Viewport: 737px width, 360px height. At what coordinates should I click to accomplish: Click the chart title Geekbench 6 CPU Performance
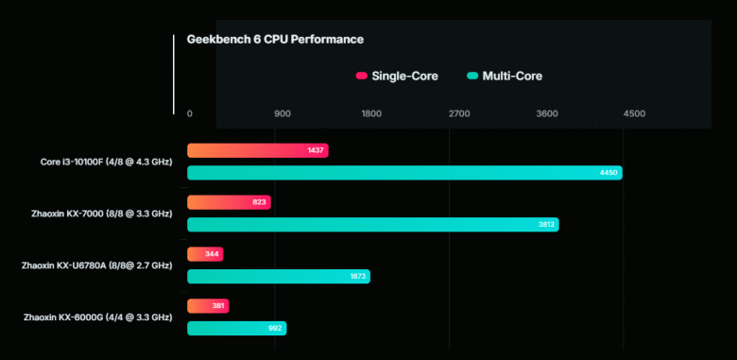click(275, 40)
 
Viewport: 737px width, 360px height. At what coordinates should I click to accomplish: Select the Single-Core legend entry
click(397, 76)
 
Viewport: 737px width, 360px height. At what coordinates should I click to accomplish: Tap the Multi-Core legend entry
click(505, 76)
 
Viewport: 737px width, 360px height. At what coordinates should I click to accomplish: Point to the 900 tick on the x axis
click(283, 113)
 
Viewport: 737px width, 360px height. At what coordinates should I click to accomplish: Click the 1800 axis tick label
click(371, 113)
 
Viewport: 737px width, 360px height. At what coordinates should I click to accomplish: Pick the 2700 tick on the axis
click(459, 113)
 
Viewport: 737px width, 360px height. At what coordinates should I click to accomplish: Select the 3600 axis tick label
click(547, 113)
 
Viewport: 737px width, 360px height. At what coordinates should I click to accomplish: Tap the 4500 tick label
click(634, 113)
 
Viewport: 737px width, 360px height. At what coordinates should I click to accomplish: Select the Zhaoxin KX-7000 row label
click(101, 214)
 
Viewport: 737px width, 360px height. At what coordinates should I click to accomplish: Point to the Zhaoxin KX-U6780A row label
click(96, 266)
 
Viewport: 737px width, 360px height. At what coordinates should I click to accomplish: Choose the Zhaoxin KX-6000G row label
click(98, 317)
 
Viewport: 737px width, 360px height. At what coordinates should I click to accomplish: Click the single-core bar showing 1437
click(257, 151)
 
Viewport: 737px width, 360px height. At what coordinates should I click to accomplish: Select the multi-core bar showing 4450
click(404, 173)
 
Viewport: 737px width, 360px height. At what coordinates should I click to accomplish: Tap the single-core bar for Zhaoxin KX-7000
click(229, 202)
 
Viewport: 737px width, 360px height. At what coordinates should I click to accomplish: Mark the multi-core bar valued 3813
click(372, 225)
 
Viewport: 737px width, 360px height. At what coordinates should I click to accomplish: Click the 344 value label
click(212, 254)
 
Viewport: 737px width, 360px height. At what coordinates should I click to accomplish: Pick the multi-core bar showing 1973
click(278, 277)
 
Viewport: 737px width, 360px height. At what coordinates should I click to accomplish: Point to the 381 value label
click(217, 306)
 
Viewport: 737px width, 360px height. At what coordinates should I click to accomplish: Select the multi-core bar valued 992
click(236, 328)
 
